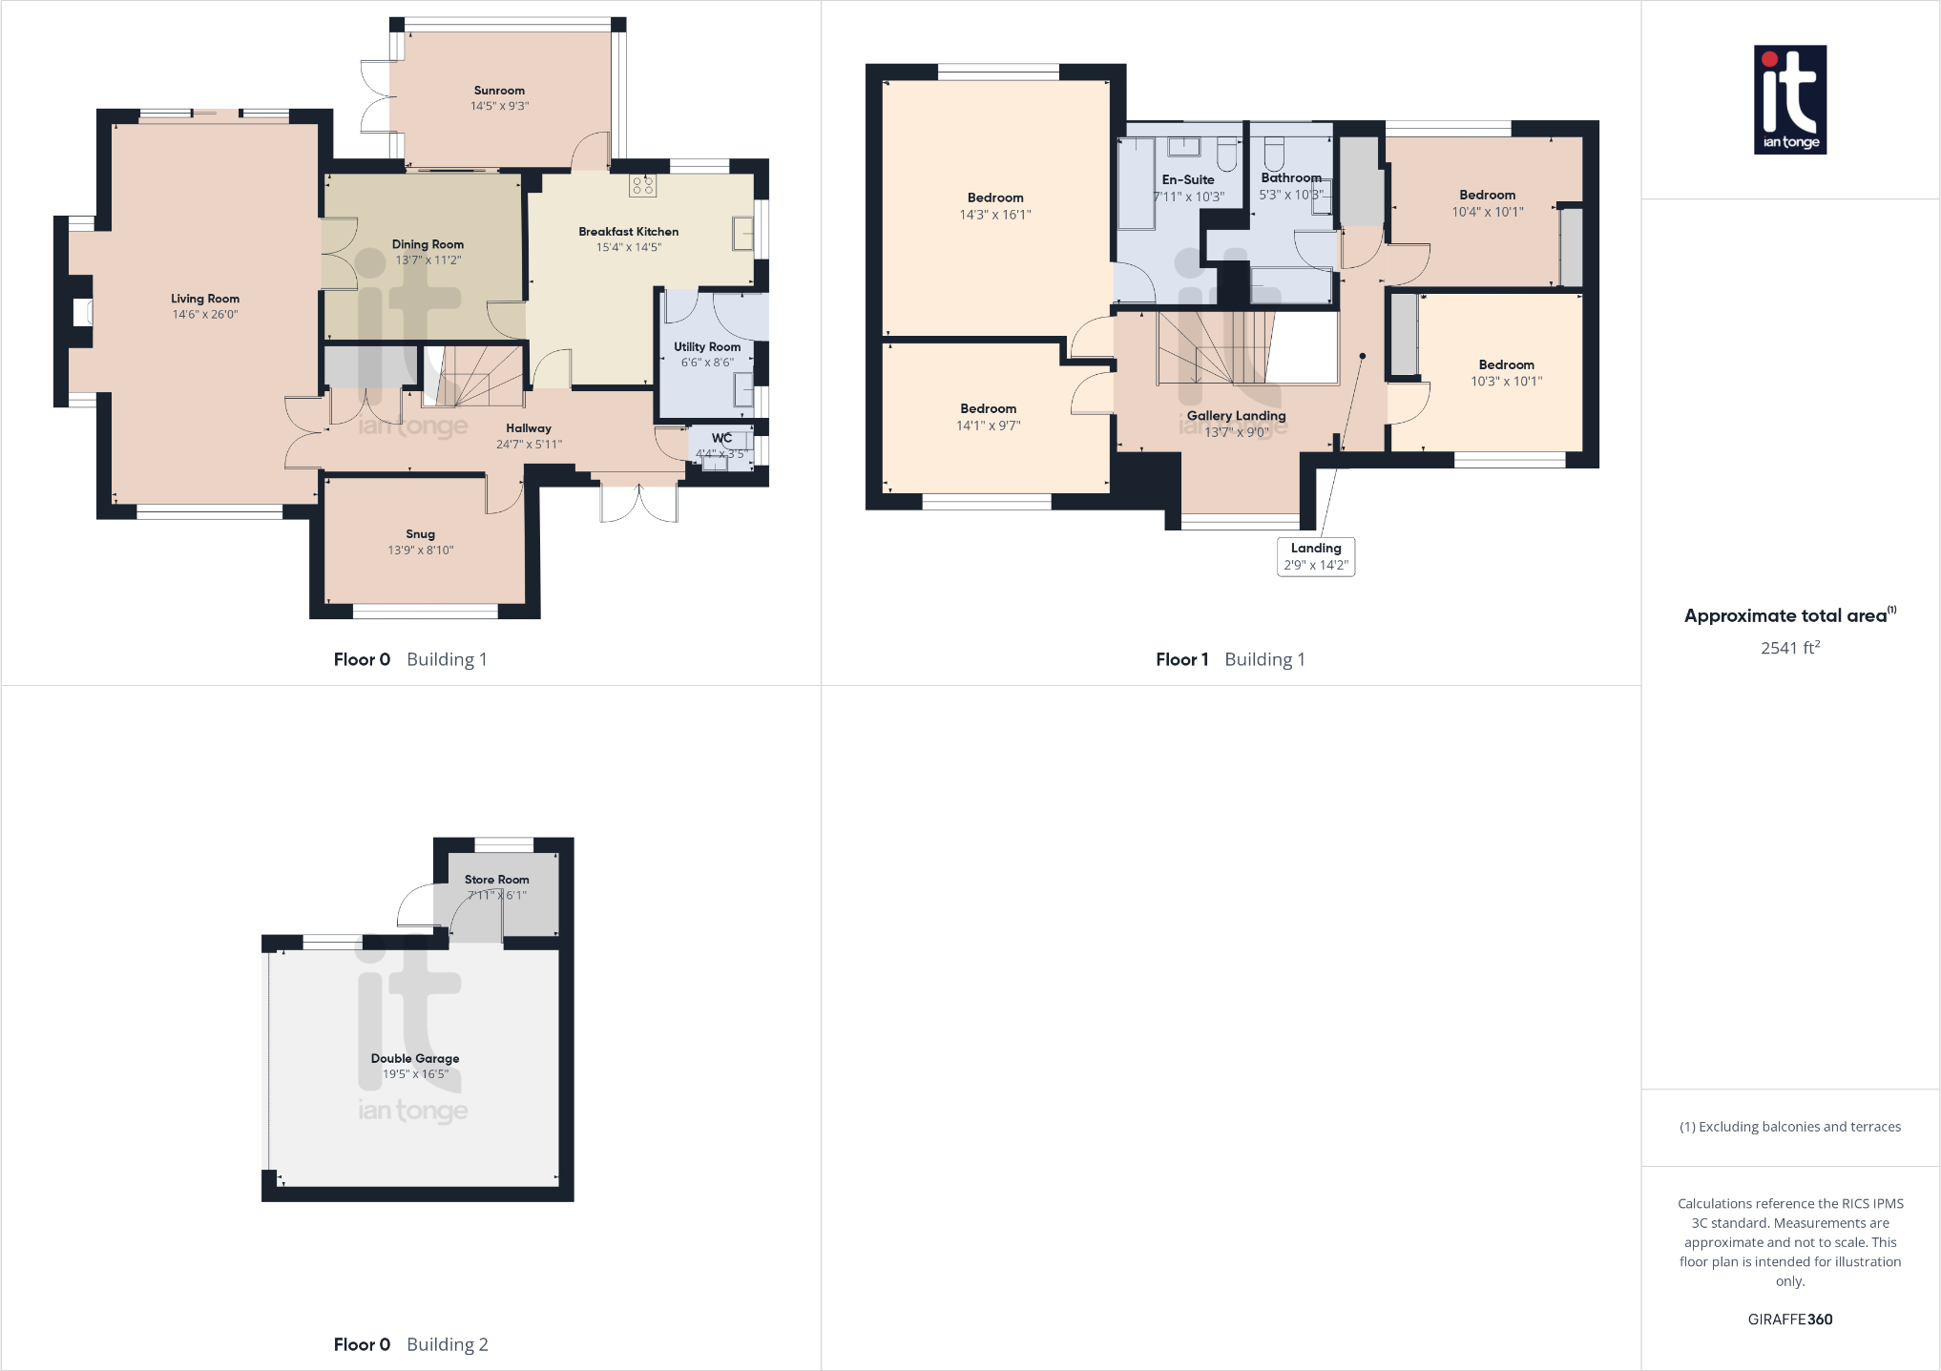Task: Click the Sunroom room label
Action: click(499, 91)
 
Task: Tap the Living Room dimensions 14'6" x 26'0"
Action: click(205, 314)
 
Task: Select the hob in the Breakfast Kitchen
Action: click(642, 185)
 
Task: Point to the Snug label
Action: click(420, 534)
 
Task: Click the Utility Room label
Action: click(707, 347)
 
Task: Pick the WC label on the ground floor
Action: click(721, 439)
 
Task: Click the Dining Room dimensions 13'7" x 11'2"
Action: click(428, 260)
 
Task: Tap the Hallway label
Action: click(529, 428)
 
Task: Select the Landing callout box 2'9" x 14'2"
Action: click(1316, 556)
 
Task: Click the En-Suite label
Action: click(1188, 179)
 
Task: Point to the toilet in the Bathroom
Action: click(1274, 153)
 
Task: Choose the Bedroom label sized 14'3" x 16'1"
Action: click(995, 197)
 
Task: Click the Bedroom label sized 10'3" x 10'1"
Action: click(1506, 364)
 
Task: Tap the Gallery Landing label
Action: click(1236, 416)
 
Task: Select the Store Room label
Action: click(496, 880)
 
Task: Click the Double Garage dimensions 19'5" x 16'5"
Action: click(415, 1074)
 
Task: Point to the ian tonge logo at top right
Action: click(1790, 100)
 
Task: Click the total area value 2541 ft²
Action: click(1790, 648)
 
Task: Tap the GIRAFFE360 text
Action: click(1790, 1319)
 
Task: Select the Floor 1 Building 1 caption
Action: click(1230, 659)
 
